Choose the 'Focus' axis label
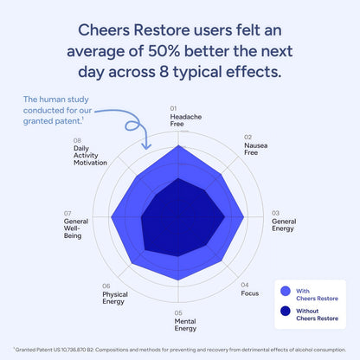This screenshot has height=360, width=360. [x=249, y=292]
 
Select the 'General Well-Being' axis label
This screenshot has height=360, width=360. [x=76, y=229]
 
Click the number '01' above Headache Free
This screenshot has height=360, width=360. [x=173, y=108]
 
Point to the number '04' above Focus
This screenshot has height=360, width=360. [x=245, y=284]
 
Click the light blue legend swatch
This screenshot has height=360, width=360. [x=286, y=292]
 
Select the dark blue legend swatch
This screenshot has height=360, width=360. [x=286, y=313]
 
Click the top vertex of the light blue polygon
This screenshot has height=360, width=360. [x=179, y=145]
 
